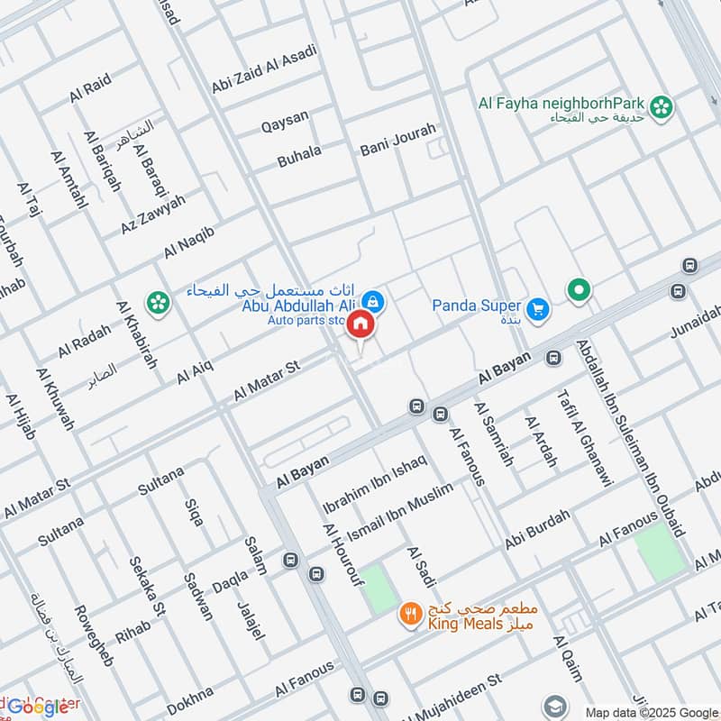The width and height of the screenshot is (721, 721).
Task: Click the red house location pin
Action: [360, 324]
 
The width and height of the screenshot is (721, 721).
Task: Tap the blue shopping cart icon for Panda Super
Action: [538, 309]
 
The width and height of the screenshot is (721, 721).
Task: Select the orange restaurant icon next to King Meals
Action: [410, 614]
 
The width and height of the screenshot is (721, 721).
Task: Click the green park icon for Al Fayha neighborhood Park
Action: [663, 107]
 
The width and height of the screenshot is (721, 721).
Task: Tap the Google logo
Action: [38, 707]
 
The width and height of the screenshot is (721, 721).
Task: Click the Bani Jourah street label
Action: [397, 140]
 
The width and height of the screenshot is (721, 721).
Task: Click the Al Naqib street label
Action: [189, 242]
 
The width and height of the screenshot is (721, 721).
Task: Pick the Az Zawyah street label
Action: [152, 214]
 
